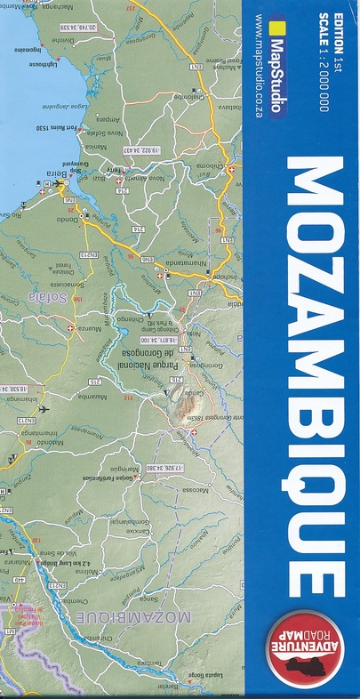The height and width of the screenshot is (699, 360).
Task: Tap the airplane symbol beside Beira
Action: [58, 184]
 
